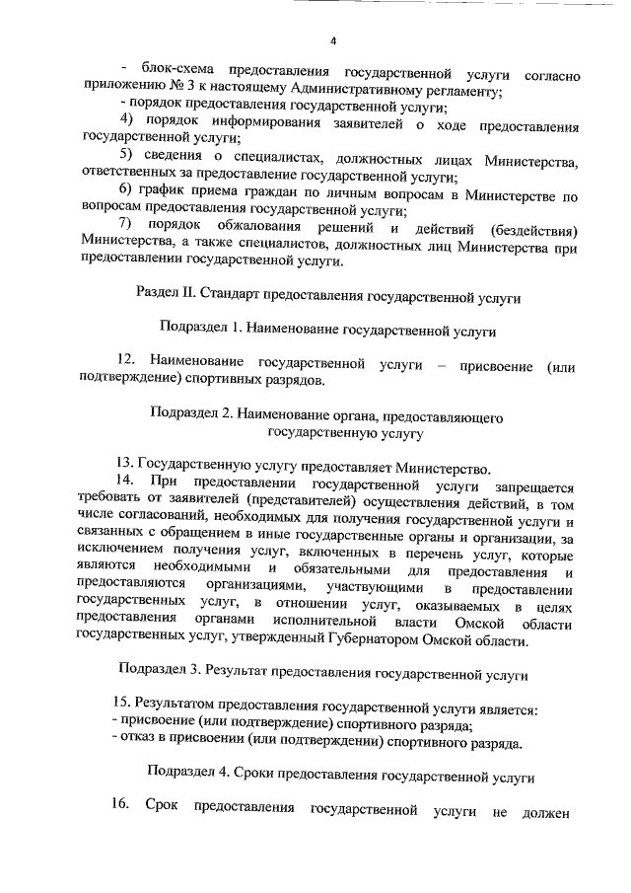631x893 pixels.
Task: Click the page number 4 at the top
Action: click(332, 40)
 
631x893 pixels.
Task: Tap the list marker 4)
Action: click(127, 121)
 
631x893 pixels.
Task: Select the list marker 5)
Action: click(127, 161)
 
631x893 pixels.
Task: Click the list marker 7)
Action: click(127, 229)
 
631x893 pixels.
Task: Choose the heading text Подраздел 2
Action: click(191, 413)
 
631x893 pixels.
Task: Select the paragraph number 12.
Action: click(124, 362)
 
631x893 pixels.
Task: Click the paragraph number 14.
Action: click(124, 482)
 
